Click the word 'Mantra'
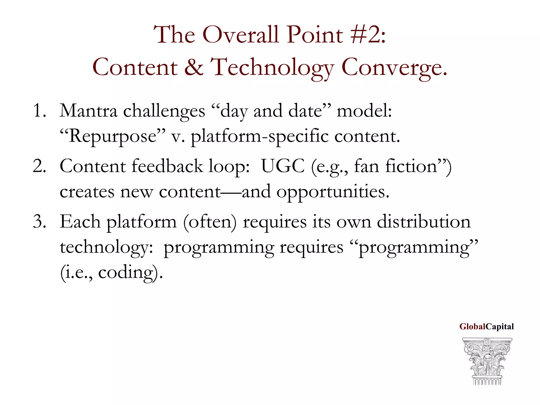point(88,111)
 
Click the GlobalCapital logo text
point(486,327)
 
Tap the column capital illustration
point(487,361)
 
